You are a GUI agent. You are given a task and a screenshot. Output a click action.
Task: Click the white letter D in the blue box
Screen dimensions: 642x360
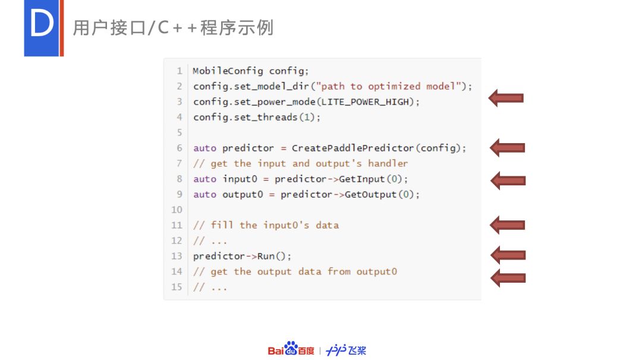pos(42,23)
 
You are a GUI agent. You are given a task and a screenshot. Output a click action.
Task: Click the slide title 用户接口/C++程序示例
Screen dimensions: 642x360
pos(173,28)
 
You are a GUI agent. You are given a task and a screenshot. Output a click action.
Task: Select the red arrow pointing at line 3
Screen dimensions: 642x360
pos(506,98)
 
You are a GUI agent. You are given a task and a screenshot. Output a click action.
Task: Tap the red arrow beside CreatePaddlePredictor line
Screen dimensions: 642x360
pos(507,148)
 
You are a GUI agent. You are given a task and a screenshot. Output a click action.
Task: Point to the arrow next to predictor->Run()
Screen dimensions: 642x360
pos(508,255)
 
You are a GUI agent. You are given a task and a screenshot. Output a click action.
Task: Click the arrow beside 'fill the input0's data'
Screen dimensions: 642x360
pos(507,225)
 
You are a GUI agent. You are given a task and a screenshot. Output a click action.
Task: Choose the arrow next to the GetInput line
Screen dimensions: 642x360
pos(508,181)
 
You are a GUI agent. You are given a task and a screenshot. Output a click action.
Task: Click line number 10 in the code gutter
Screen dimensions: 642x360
pos(177,210)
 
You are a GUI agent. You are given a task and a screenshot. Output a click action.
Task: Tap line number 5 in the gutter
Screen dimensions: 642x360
pos(180,132)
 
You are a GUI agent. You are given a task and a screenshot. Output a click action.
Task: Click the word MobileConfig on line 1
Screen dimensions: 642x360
pos(228,71)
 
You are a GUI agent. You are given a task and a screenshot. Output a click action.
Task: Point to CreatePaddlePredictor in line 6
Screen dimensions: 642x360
pos(353,148)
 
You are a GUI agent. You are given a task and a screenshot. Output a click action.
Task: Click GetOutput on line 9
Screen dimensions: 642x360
pos(370,194)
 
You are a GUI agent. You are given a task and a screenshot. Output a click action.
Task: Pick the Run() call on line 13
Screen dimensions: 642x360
pos(272,256)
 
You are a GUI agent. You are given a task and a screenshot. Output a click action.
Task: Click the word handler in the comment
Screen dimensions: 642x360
pos(388,163)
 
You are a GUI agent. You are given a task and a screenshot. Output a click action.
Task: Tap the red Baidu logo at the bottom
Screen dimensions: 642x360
pos(291,349)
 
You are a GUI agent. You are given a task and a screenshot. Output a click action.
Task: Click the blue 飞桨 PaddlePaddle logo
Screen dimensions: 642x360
pos(346,350)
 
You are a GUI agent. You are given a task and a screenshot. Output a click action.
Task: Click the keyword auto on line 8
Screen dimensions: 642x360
pos(204,179)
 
